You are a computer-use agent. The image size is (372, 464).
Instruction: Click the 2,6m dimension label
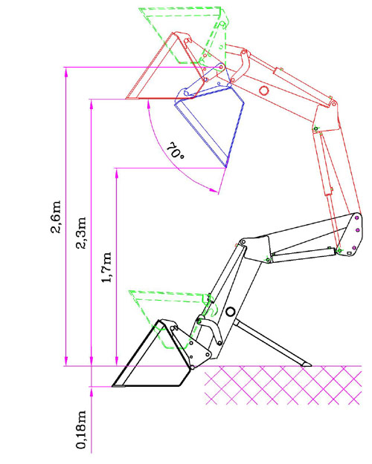[56, 217]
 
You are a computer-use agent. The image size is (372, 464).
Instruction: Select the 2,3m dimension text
[81, 233]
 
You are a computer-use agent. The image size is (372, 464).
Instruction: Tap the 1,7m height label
[106, 267]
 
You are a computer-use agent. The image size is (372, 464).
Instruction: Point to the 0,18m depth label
[81, 429]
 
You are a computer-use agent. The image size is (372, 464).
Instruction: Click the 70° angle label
[176, 151]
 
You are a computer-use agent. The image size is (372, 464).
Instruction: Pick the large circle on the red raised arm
[263, 90]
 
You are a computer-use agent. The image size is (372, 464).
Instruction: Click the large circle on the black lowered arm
[230, 312]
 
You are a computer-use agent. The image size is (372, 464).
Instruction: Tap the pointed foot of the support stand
[309, 365]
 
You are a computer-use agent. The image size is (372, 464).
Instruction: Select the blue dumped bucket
[209, 121]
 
